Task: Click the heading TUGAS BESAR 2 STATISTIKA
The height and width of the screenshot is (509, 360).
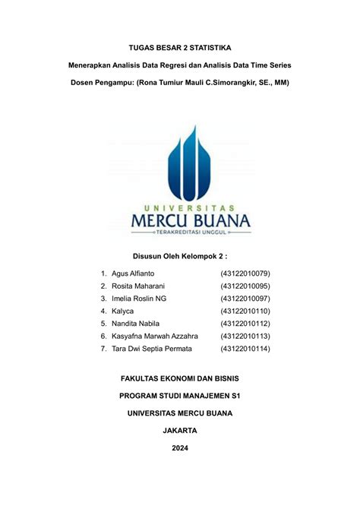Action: point(179,48)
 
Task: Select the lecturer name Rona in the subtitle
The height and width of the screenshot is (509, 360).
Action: point(150,81)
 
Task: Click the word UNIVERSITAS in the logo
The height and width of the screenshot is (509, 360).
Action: point(181,206)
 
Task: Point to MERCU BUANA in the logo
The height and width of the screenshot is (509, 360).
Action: point(181,220)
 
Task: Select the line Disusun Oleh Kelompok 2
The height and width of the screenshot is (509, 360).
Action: point(180,256)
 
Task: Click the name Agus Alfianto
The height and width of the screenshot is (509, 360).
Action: point(133,273)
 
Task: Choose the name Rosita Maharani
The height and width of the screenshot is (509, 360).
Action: point(137,286)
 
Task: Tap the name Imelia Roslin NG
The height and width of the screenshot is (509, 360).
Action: point(138,299)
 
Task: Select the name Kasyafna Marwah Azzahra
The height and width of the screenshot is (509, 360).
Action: point(154,336)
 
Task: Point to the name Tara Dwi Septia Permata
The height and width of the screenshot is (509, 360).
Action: point(152,349)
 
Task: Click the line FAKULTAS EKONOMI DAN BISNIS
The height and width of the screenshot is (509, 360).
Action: point(180,378)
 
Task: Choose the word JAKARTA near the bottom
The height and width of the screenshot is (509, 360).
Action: point(180,430)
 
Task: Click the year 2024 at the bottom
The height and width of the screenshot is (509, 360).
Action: point(180,447)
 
